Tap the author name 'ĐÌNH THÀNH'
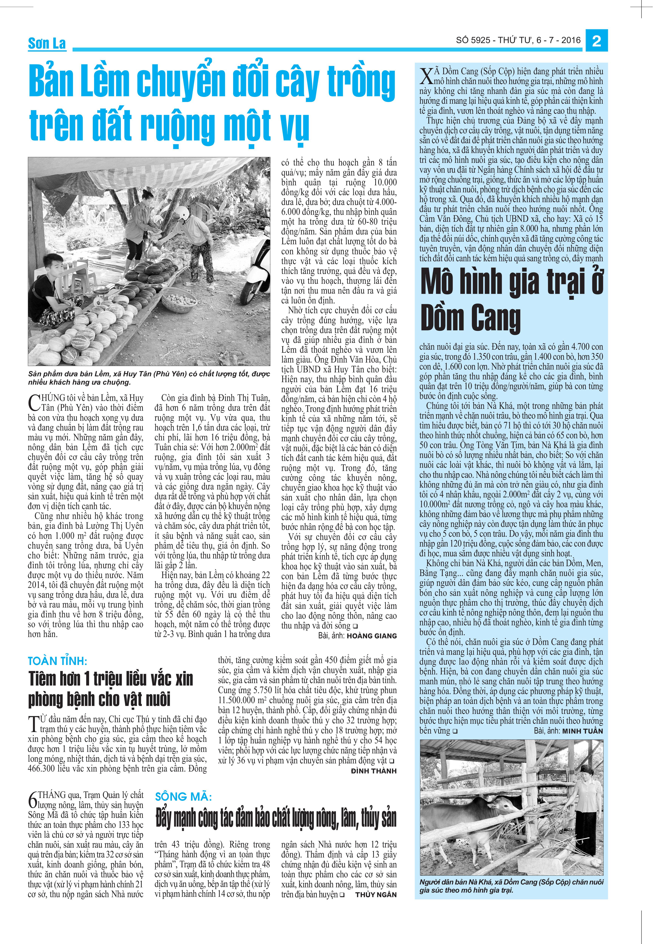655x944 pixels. tap(374, 771)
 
